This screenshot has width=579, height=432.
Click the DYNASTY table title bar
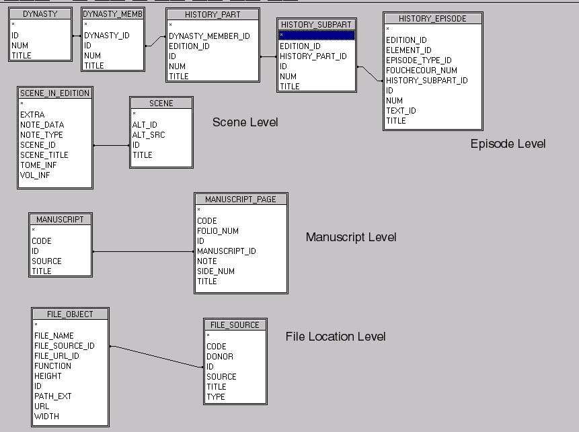pos(40,13)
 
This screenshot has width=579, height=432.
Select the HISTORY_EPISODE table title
pos(432,19)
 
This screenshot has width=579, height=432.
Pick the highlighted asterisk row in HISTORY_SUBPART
pos(316,35)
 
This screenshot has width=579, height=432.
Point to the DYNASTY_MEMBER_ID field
pos(209,36)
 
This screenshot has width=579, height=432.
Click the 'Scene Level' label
pos(245,122)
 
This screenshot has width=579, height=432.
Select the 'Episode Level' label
pos(508,144)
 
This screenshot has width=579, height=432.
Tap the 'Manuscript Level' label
pos(351,237)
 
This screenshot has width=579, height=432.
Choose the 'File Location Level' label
pos(336,337)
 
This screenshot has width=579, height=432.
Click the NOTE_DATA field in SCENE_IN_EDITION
pos(42,124)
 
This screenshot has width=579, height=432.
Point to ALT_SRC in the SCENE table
pos(149,134)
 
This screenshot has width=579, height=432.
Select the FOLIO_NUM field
pos(218,230)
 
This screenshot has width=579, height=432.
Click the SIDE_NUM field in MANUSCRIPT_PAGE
pos(216,271)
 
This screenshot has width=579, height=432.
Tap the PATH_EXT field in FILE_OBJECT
pos(52,396)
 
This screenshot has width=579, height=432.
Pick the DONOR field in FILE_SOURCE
pos(220,356)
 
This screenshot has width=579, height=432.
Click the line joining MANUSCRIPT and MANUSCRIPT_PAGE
pos(143,251)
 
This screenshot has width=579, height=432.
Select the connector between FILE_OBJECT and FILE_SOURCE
pos(156,356)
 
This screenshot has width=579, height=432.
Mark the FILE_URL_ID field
pos(56,355)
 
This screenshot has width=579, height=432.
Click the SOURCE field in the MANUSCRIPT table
pos(46,261)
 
